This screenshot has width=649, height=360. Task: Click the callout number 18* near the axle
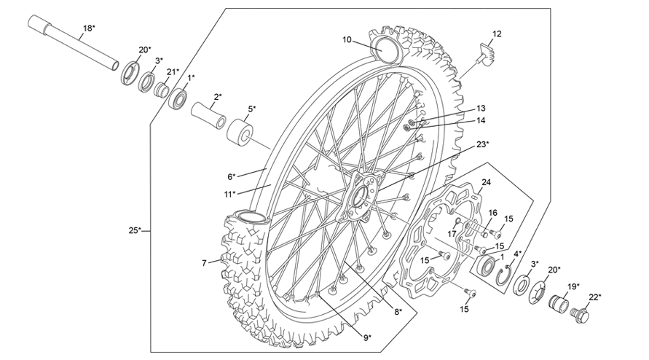[88, 28]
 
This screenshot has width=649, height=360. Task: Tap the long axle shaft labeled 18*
[73, 46]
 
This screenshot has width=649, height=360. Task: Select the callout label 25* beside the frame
[135, 231]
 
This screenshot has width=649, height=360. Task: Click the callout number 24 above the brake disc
[487, 182]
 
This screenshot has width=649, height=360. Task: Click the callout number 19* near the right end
[573, 286]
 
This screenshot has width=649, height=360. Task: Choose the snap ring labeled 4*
[502, 275]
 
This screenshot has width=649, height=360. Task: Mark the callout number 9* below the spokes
[367, 337]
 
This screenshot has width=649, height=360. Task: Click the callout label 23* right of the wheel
[482, 144]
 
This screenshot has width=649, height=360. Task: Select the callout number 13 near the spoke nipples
[481, 108]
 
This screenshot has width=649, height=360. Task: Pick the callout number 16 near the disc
[492, 212]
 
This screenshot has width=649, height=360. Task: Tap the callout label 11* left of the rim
[229, 194]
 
